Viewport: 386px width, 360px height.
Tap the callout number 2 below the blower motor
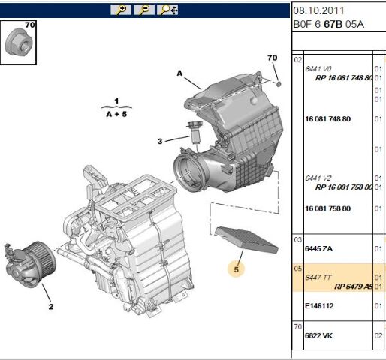pyautogui.click(x=50, y=306)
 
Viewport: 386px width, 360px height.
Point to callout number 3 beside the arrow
pyautogui.click(x=159, y=140)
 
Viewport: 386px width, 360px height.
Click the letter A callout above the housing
pyautogui.click(x=179, y=73)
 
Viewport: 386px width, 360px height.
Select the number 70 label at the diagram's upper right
pyautogui.click(x=272, y=58)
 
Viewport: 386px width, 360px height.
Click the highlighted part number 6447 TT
pyautogui.click(x=320, y=277)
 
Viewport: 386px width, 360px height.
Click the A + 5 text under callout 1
pyautogui.click(x=117, y=117)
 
